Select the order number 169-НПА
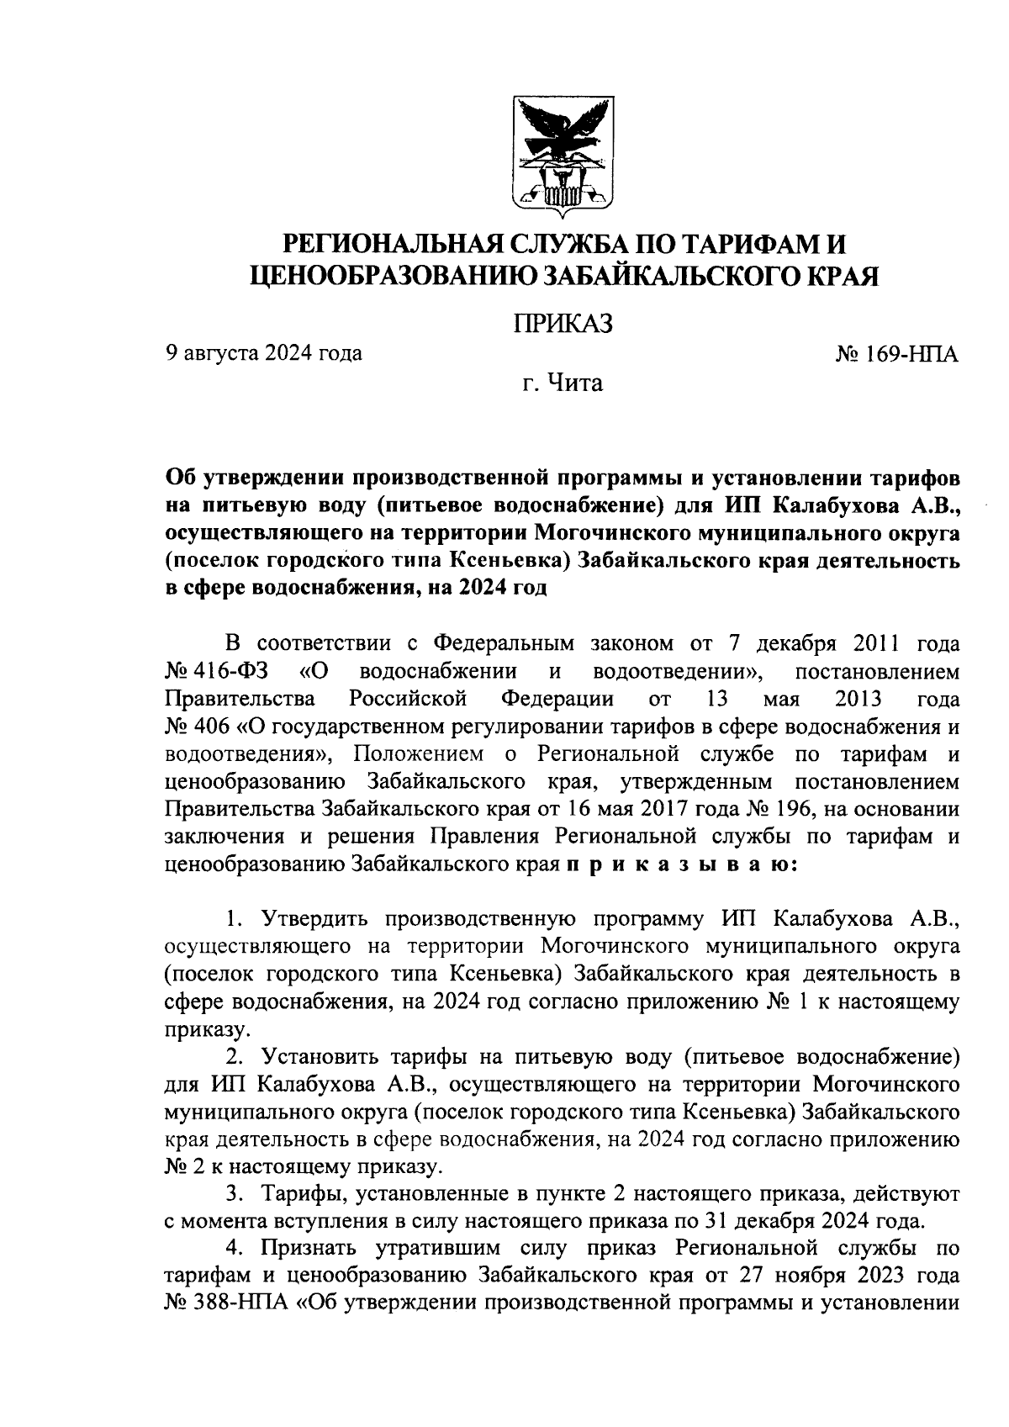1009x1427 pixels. pyautogui.click(x=911, y=354)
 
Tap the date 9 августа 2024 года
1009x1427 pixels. pyautogui.click(x=263, y=353)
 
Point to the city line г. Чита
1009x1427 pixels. pyautogui.click(x=563, y=384)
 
